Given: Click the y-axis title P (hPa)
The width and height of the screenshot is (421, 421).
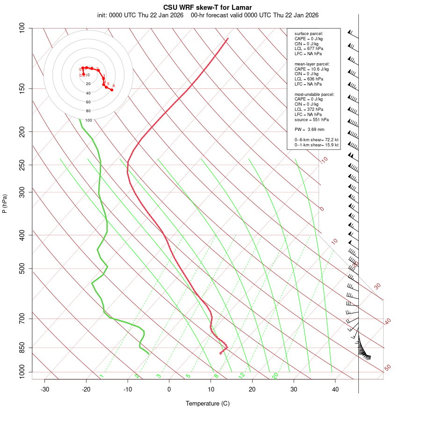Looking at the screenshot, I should (5, 203).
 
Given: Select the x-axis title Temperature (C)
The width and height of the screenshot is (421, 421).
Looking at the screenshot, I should (208, 403).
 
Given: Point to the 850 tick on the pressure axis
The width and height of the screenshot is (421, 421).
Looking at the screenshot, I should (22, 348).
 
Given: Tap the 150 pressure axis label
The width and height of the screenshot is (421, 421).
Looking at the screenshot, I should (22, 88).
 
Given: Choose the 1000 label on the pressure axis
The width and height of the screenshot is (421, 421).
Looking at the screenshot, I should (21, 372).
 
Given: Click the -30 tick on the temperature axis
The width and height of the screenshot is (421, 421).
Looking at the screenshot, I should (45, 389).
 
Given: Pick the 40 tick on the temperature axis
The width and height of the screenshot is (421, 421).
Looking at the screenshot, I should (335, 389).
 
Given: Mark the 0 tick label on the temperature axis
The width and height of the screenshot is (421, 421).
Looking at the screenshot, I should (169, 389).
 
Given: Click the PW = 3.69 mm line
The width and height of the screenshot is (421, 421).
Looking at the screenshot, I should (309, 129).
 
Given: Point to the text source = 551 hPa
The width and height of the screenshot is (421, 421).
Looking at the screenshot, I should (311, 119).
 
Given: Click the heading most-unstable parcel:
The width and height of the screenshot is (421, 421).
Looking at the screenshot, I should (314, 94).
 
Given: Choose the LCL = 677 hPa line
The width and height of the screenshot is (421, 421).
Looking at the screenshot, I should (308, 49).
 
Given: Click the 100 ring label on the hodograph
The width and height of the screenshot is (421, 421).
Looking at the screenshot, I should (88, 120).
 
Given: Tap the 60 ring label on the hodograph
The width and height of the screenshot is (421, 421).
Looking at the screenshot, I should (88, 102).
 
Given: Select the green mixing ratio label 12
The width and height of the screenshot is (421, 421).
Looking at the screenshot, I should (242, 375).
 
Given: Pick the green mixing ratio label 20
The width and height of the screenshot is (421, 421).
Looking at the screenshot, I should (275, 375).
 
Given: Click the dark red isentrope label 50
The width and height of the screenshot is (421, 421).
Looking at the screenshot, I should (387, 368).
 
